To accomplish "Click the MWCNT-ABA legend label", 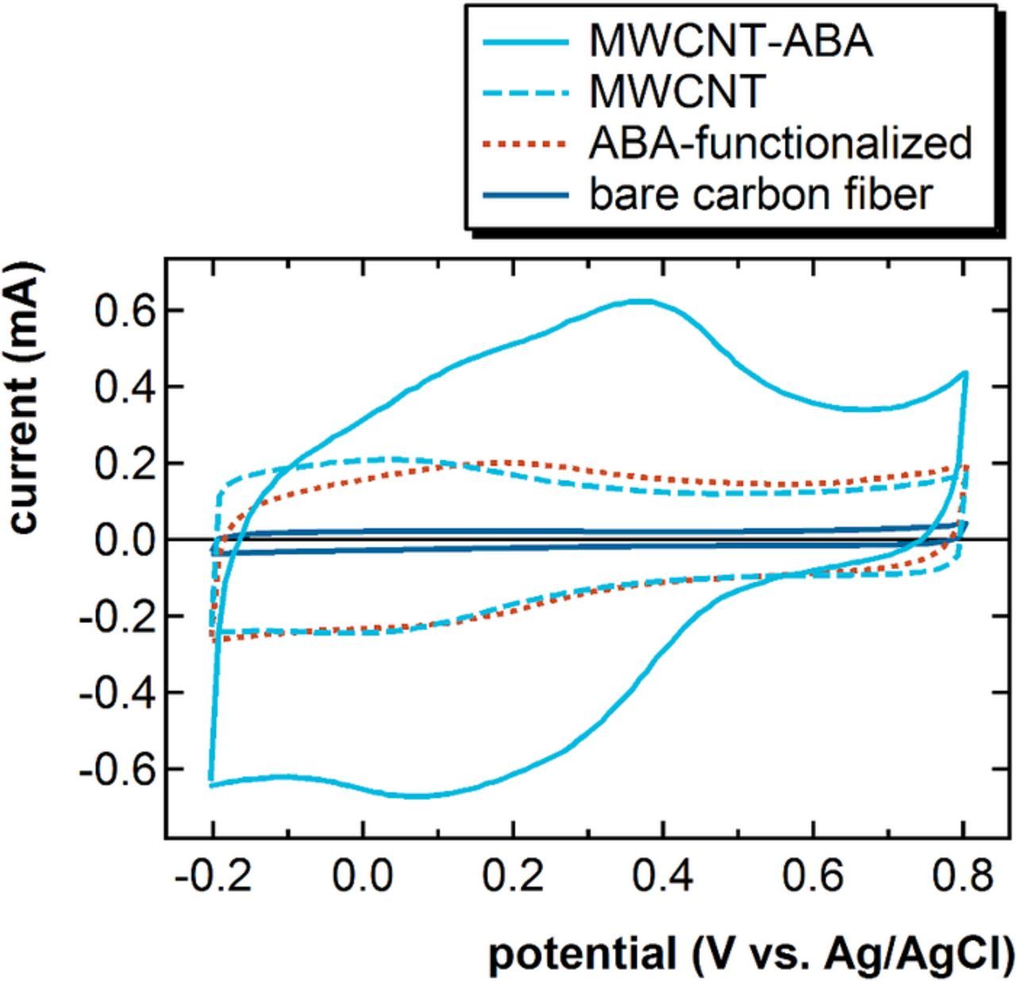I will [730, 42].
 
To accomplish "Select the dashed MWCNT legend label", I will [676, 92].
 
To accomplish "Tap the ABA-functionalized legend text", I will [779, 144].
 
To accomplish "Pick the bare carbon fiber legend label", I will [760, 194].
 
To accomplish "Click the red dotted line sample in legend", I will [524, 144].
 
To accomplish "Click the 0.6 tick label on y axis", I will [127, 310].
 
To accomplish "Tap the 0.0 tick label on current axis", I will [127, 541].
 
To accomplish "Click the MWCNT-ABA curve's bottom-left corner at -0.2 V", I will [211, 784].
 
